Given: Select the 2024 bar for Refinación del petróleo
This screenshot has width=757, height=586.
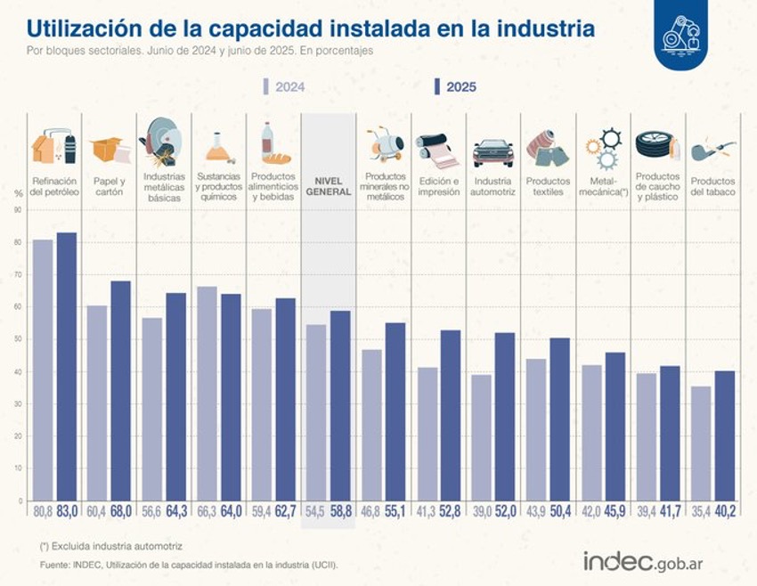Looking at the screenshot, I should tap(43, 370).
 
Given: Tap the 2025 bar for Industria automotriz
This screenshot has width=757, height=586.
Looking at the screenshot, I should tap(505, 415).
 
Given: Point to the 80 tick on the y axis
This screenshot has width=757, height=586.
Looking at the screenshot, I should tap(17, 242).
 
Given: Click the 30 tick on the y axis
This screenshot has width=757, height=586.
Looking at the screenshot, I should tap(17, 403).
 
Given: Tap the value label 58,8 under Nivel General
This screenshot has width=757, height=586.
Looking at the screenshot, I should tap(340, 511).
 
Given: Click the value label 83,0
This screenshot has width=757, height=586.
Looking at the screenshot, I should tap(67, 511).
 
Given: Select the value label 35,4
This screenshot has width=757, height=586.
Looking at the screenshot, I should tap(701, 511).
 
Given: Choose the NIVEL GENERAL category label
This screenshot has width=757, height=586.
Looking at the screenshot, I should tap(328, 186).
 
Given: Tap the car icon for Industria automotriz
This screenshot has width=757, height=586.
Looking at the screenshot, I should tap(492, 151).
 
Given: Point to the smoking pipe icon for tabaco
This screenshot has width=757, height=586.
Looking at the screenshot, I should tap(712, 148).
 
